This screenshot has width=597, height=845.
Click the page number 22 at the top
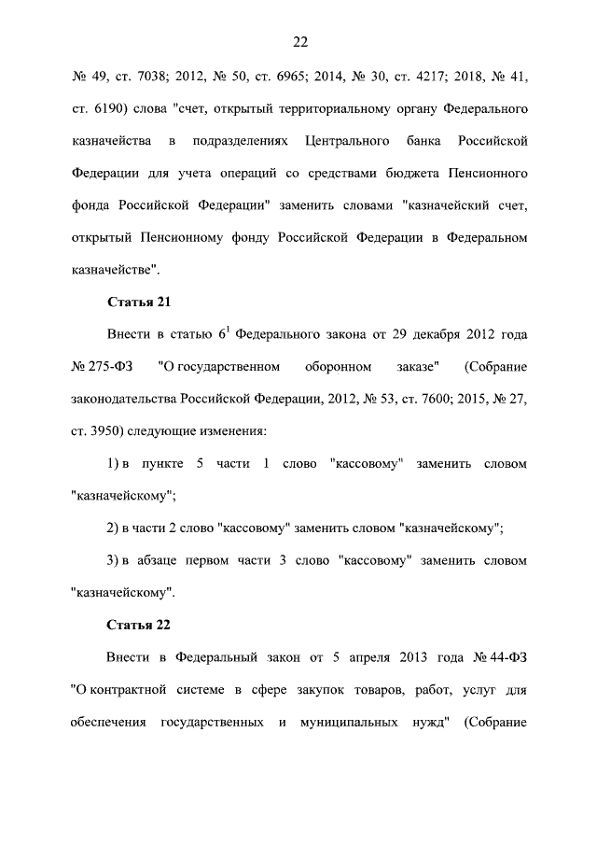pyautogui.click(x=299, y=42)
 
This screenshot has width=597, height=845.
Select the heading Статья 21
pyautogui.click(x=138, y=303)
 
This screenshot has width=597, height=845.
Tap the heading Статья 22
pyautogui.click(x=138, y=624)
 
